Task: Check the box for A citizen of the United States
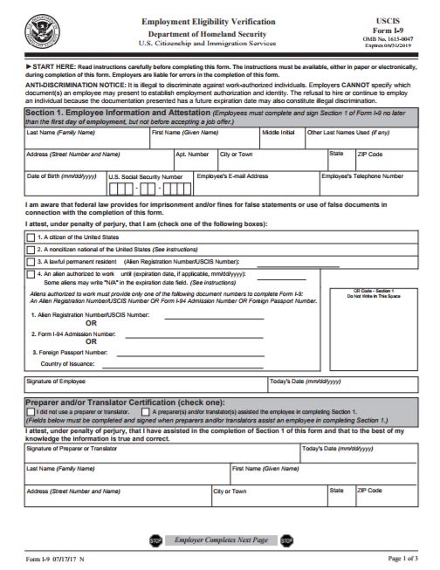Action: pos(31,237)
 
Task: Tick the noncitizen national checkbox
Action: pos(31,249)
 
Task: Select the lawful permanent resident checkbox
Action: pos(31,261)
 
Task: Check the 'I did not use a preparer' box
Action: pos(31,409)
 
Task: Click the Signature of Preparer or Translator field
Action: pos(162,455)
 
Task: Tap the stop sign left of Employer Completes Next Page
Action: pos(155,540)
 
